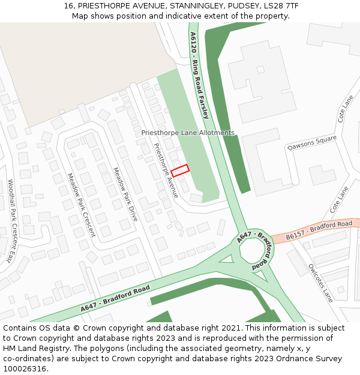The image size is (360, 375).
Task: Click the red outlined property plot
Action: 179,170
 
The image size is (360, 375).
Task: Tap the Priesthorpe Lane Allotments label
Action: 188,133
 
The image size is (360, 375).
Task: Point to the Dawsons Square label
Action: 311,143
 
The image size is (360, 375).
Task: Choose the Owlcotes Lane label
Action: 320,283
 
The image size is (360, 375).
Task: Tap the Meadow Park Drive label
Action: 125,194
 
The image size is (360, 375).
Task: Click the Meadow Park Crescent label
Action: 81,205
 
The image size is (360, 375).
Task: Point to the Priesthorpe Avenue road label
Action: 165,170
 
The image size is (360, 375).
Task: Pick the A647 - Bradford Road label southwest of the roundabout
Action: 115,298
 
